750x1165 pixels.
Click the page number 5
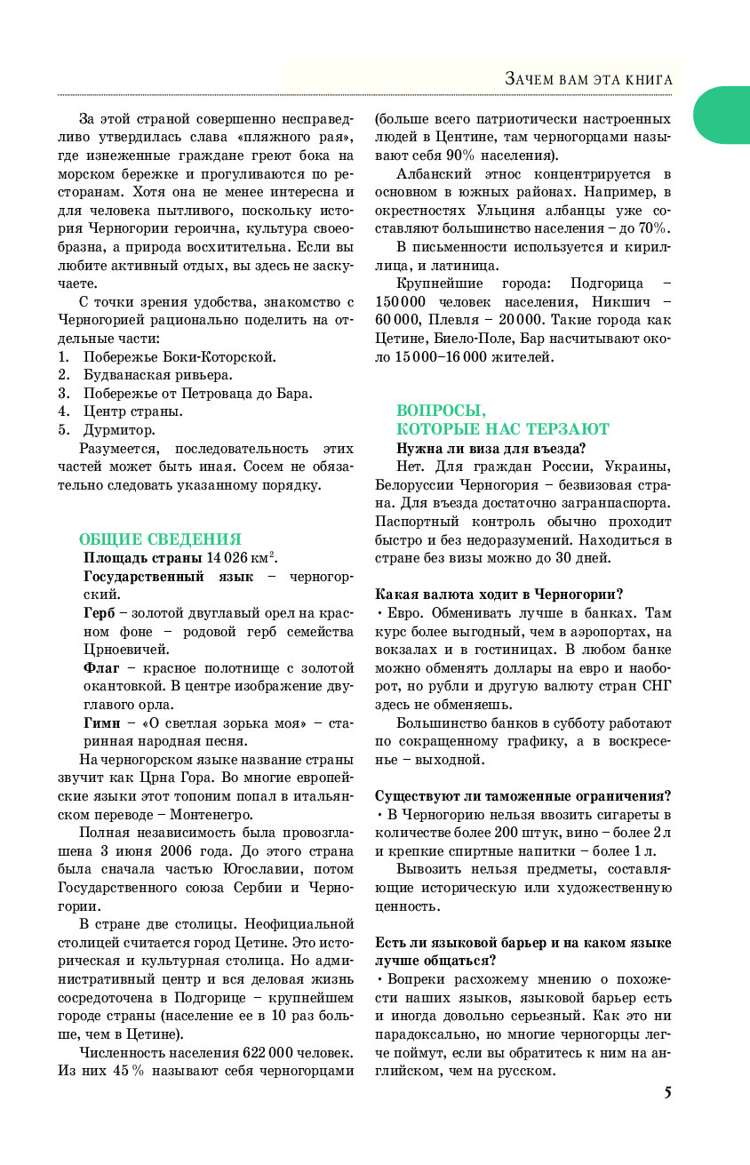[x=666, y=1092]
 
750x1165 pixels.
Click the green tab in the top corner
[x=724, y=115]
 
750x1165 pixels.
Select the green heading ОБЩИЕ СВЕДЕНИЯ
[x=160, y=539]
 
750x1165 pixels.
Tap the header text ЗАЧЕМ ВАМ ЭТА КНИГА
[x=587, y=80]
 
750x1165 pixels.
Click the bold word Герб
[x=99, y=613]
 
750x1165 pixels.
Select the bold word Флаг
[x=102, y=667]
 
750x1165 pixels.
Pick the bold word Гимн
[x=101, y=722]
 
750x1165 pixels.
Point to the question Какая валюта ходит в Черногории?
[x=499, y=594]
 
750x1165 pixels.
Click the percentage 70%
[x=653, y=228]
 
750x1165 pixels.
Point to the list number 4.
[x=64, y=411]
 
